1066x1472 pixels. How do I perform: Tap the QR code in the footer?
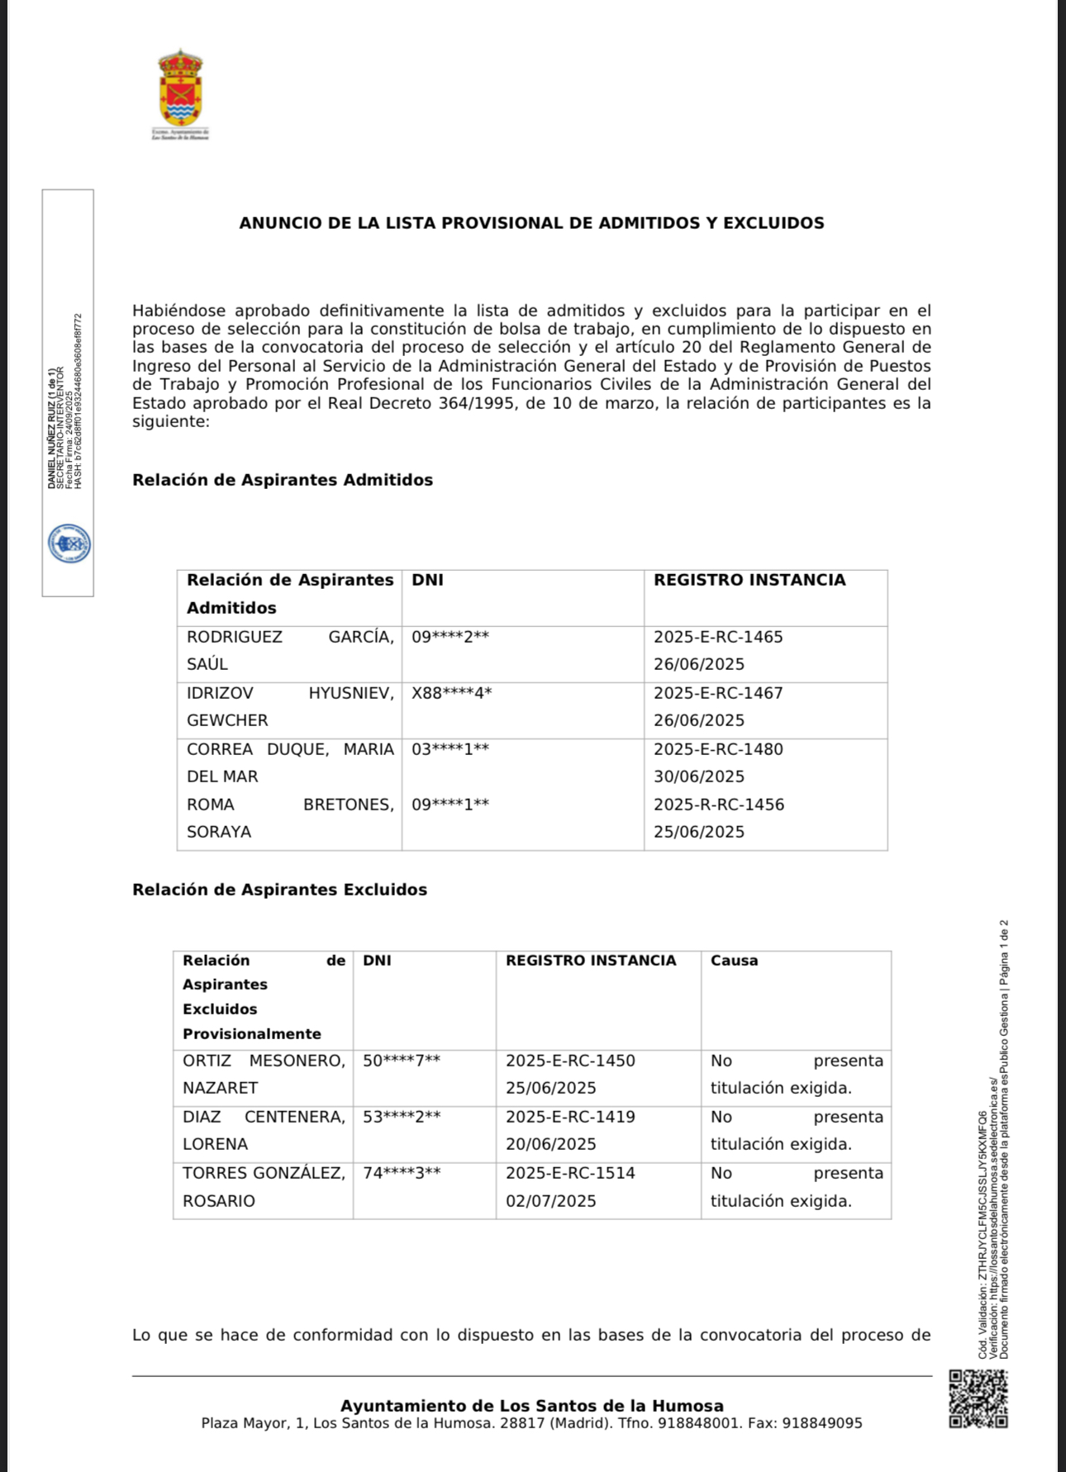click(978, 1399)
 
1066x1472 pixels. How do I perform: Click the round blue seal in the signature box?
click(69, 544)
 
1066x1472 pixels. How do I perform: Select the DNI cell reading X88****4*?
click(451, 693)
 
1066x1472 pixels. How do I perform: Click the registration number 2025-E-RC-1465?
click(718, 637)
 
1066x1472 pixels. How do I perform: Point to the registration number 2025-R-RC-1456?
click(719, 805)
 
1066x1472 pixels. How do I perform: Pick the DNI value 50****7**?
click(402, 1061)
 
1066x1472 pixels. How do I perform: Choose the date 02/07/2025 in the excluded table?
click(551, 1201)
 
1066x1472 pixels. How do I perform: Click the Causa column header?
click(734, 961)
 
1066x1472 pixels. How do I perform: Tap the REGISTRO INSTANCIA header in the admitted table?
click(750, 580)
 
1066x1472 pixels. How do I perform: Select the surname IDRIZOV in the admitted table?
click(220, 693)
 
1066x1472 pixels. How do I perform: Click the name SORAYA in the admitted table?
click(219, 832)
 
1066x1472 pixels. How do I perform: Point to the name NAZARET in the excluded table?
click(221, 1088)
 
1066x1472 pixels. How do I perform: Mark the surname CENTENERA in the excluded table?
click(295, 1117)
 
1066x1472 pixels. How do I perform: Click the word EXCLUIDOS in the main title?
click(773, 223)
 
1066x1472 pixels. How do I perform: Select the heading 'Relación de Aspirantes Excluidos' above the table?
click(279, 890)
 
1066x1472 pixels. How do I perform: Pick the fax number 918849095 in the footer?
click(822, 1423)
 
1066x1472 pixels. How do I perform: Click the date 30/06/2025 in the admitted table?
click(699, 776)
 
